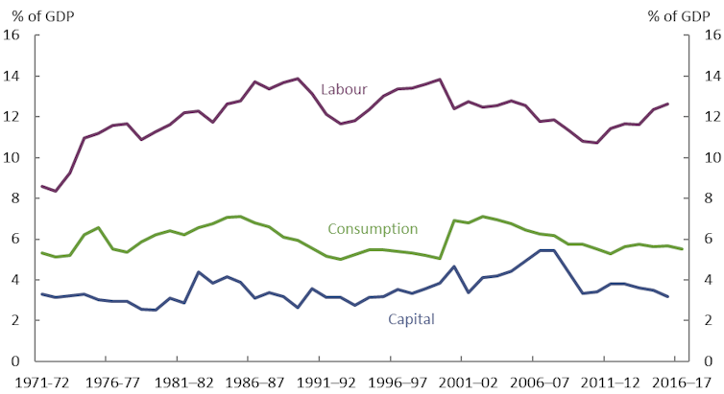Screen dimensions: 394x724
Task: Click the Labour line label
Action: click(x=344, y=90)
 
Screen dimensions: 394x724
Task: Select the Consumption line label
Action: click(x=373, y=229)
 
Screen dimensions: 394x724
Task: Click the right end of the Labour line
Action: click(x=667, y=104)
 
